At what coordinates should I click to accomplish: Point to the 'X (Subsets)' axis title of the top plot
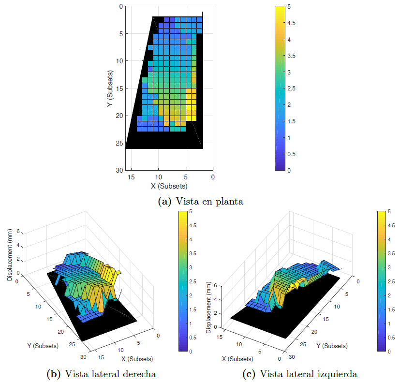(x=169, y=186)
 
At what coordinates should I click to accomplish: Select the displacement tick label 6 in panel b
(x=18, y=231)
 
